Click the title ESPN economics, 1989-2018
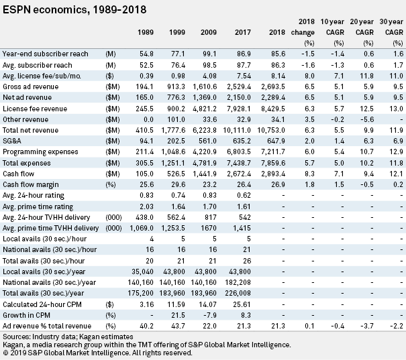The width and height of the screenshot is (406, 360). (x=74, y=10)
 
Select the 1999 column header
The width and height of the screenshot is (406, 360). (x=177, y=32)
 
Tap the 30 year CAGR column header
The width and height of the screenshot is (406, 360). (x=391, y=27)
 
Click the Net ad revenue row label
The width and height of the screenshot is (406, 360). (x=28, y=97)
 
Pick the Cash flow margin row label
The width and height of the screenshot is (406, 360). (x=31, y=184)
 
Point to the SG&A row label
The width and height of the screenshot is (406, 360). (x=12, y=141)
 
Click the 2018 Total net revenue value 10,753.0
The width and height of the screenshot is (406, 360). (x=271, y=130)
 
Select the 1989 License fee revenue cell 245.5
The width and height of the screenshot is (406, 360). (x=144, y=109)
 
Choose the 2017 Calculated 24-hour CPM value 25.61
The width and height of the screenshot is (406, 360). (x=242, y=304)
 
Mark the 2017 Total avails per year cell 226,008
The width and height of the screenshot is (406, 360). (x=238, y=293)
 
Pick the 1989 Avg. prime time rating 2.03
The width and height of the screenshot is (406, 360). (x=146, y=206)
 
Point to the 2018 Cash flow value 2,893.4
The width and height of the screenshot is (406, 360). (x=273, y=174)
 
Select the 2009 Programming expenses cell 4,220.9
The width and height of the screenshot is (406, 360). (x=205, y=152)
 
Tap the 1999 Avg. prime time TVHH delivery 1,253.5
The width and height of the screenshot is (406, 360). (x=173, y=228)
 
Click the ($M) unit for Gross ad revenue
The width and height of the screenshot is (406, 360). (x=113, y=86)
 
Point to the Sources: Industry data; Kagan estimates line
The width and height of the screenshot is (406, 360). (x=68, y=337)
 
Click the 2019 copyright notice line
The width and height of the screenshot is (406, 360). (x=97, y=353)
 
